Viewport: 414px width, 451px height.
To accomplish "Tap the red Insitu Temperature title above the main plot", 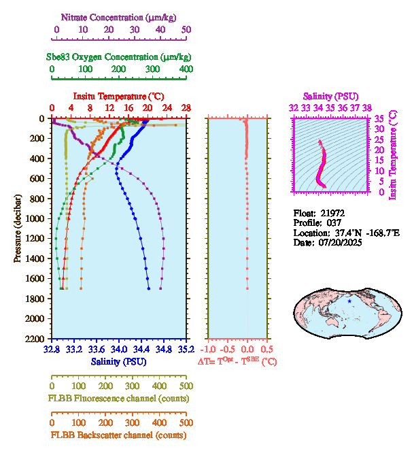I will pos(118,96).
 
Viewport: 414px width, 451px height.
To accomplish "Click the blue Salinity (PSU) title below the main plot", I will pos(118,361).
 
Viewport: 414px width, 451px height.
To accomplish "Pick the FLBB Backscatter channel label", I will pos(118,435).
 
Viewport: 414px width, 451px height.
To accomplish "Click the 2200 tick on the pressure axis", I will pos(37,338).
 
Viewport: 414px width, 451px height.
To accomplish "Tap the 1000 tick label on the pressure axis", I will pos(37,218).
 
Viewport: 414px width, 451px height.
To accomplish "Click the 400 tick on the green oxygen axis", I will pos(186,69).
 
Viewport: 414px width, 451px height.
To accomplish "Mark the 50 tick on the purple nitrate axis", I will pos(186,30).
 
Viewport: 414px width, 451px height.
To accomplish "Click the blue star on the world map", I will pos(349,301).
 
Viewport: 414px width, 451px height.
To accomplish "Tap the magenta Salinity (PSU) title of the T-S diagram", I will pos(330,96).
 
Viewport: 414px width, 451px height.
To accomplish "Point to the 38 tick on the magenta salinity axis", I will pos(367,107).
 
